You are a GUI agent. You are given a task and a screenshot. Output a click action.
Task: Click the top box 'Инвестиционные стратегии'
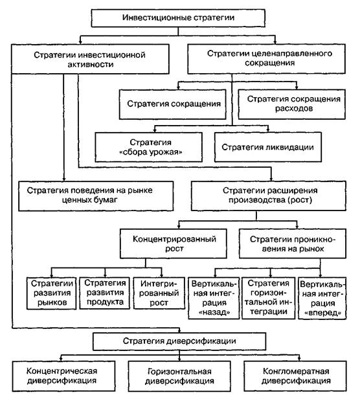point(178,18)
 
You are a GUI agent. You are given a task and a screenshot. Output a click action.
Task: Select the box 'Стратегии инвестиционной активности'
point(90,59)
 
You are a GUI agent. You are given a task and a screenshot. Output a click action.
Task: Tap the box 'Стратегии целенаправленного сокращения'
point(266,59)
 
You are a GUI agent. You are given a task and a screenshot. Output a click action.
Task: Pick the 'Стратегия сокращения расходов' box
point(291,104)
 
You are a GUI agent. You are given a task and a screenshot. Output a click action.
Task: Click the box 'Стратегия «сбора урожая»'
point(149,147)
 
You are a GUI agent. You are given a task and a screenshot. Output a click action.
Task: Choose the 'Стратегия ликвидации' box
point(268,147)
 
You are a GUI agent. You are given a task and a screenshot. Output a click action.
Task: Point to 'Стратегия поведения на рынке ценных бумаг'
point(96,196)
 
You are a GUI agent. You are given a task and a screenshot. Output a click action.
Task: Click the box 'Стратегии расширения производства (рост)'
point(269,196)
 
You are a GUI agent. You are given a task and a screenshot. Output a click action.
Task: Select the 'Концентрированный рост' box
point(174,244)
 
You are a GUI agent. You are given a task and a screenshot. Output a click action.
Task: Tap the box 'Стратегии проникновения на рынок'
point(293,244)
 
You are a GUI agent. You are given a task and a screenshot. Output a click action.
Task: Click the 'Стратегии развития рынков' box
point(51,293)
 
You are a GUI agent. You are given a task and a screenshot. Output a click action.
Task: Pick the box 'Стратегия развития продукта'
point(104,293)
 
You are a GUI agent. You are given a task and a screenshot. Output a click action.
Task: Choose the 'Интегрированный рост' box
point(159,293)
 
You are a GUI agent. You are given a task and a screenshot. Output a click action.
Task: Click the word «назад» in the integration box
point(214,312)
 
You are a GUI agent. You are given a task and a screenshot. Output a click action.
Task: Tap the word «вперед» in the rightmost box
point(322,313)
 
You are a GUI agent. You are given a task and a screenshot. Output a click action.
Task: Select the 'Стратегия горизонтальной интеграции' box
point(268,298)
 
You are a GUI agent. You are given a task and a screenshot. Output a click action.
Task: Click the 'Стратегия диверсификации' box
point(179,341)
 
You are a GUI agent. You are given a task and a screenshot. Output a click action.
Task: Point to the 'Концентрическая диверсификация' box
point(63,376)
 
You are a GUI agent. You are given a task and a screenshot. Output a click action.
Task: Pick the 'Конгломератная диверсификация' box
point(295,376)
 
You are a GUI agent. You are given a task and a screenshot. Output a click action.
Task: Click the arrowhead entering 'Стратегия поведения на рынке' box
point(64,179)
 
